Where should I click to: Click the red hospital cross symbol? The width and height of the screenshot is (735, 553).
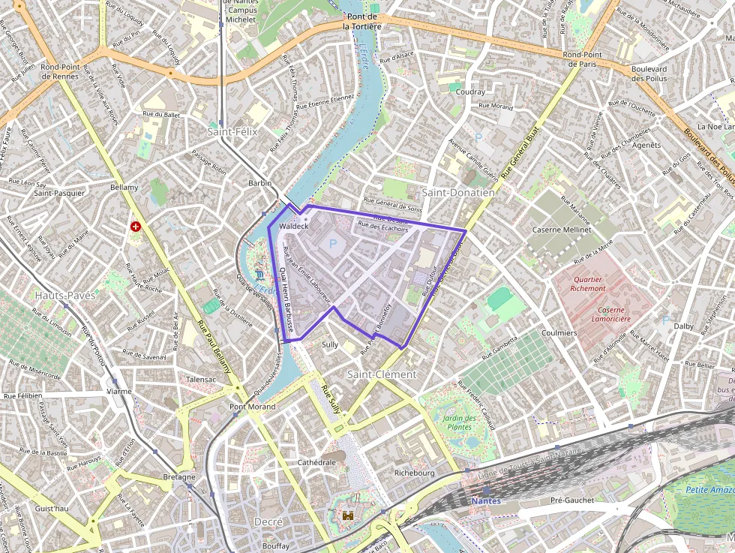(x=136, y=226)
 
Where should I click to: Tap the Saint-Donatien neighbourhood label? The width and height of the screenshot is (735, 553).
(x=458, y=193)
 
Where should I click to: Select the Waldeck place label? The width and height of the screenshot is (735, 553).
(x=293, y=226)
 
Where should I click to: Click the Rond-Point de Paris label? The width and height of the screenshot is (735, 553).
(x=583, y=59)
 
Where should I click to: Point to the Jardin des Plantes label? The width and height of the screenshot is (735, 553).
(x=460, y=422)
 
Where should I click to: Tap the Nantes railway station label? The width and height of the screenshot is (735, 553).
(x=486, y=500)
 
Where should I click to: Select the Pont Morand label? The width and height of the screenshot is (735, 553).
(x=252, y=407)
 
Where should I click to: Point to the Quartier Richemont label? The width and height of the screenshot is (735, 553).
(x=588, y=283)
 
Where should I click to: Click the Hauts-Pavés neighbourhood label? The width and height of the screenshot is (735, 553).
(x=65, y=296)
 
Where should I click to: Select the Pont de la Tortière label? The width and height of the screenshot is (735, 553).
(x=362, y=21)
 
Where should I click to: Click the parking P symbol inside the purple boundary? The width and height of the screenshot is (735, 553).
(x=333, y=244)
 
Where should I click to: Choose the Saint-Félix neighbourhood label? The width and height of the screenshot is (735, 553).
(x=232, y=131)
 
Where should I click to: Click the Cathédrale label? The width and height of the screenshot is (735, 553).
(x=317, y=462)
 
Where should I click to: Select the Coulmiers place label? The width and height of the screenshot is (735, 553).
(x=559, y=332)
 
